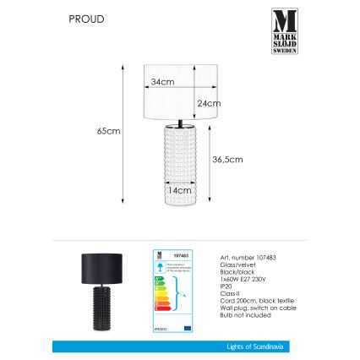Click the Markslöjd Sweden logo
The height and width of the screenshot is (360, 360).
(284, 31)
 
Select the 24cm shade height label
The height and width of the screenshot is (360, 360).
(208, 102)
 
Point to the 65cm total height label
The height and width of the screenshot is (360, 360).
(108, 132)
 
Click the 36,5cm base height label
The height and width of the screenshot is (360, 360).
(227, 159)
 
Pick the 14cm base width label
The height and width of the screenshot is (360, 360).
(177, 192)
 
